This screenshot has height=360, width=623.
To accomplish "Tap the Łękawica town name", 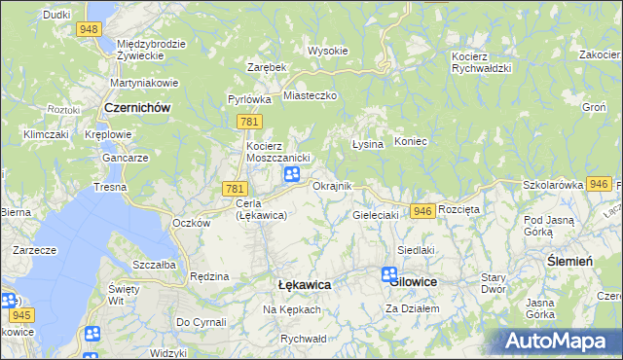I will [x=304, y=285].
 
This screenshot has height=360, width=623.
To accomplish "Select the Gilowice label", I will [x=414, y=281].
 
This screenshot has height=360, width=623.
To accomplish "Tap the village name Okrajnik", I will [x=332, y=186].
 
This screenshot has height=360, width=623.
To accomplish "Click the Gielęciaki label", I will [x=376, y=214].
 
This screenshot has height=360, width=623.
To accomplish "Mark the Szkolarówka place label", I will [x=552, y=184].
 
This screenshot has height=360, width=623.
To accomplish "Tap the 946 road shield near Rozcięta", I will [x=421, y=211].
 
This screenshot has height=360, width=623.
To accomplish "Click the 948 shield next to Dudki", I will [x=91, y=29].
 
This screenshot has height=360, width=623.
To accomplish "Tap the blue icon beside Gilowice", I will [x=389, y=275].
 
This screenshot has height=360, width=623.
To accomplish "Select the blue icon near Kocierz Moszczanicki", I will [x=291, y=174].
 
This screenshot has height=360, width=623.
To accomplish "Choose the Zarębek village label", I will [x=266, y=67].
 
